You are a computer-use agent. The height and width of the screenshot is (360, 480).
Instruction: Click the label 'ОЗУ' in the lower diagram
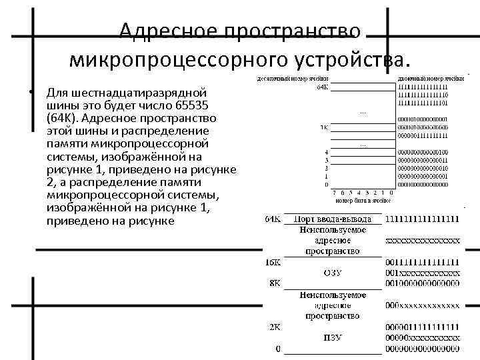coord(333,273)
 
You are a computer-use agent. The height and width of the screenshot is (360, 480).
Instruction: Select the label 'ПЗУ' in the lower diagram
coord(333,337)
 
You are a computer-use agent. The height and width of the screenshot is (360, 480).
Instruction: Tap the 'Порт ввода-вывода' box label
coord(333,219)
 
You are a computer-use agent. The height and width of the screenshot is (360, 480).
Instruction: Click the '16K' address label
coord(272,262)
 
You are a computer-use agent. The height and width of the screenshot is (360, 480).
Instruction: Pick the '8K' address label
coord(275,283)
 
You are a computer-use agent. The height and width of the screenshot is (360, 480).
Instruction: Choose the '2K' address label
coord(274,327)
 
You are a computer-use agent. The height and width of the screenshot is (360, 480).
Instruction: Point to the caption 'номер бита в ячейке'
coord(363,200)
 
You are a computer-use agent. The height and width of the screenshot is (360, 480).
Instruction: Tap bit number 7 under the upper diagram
coord(334,193)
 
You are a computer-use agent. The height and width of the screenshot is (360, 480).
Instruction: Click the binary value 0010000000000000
coord(421,283)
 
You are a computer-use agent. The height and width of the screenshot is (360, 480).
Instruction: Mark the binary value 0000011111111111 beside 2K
coord(421,327)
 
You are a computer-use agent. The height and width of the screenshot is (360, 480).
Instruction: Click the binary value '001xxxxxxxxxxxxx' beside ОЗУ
coord(421,273)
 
